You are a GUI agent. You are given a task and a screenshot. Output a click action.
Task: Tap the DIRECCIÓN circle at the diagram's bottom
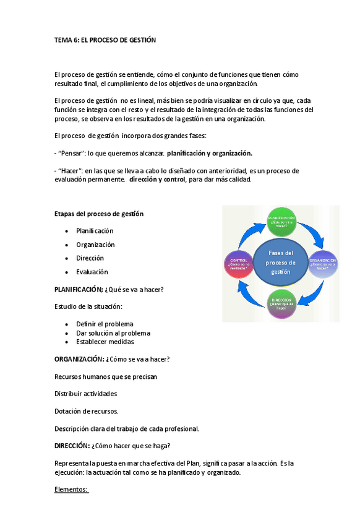[281, 304]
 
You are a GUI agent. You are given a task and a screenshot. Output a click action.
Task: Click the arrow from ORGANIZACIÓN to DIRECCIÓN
[313, 293]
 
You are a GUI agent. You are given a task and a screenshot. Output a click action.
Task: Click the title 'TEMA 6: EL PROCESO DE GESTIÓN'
[105, 40]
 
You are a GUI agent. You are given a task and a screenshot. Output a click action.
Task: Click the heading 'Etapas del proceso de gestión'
[99, 214]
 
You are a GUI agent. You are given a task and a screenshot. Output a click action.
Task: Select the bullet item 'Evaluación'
[92, 272]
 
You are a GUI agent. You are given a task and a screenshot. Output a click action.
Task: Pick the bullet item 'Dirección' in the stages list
[90, 258]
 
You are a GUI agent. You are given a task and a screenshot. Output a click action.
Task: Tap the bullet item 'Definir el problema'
[105, 324]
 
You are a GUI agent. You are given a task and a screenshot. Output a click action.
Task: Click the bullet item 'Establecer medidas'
[105, 342]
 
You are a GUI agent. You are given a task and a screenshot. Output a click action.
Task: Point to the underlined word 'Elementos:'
[71, 490]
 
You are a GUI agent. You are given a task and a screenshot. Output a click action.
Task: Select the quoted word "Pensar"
[70, 153]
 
